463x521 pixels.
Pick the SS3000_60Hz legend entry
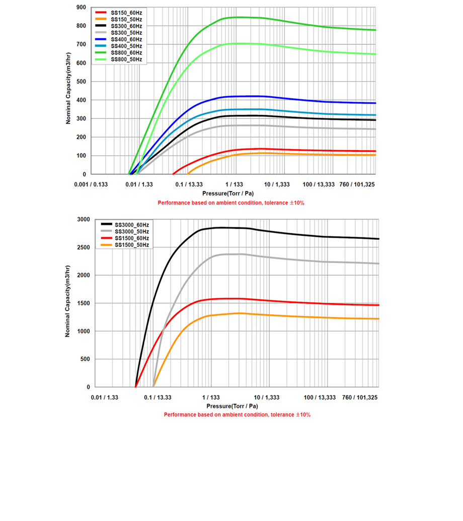pyautogui.click(x=131, y=224)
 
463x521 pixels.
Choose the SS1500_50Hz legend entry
pyautogui.click(x=131, y=245)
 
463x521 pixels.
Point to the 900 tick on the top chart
pyautogui.click(x=82, y=8)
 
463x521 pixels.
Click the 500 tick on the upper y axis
pyautogui.click(x=82, y=82)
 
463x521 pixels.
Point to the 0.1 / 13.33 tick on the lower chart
pyautogui.click(x=158, y=398)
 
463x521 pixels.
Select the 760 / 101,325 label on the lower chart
pyautogui.click(x=360, y=398)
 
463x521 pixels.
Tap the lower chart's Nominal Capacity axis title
pyautogui.click(x=67, y=303)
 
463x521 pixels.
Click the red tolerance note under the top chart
pyautogui.click(x=231, y=203)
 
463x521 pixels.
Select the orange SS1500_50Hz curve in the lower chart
pyautogui.click(x=302, y=316)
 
